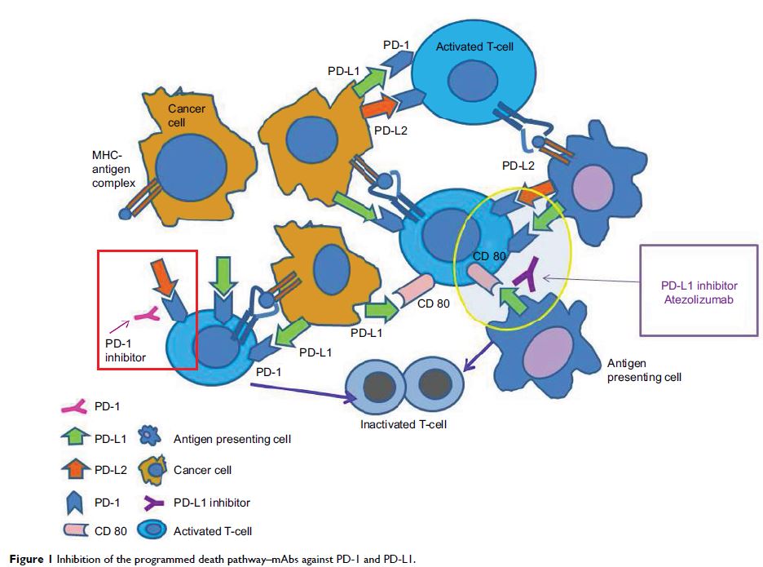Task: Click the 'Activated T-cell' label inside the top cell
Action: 475,48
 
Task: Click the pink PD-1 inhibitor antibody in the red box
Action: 144,314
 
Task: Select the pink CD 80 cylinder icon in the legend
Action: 74,530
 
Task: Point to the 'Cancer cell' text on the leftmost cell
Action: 187,115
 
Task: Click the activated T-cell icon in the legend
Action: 153,531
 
